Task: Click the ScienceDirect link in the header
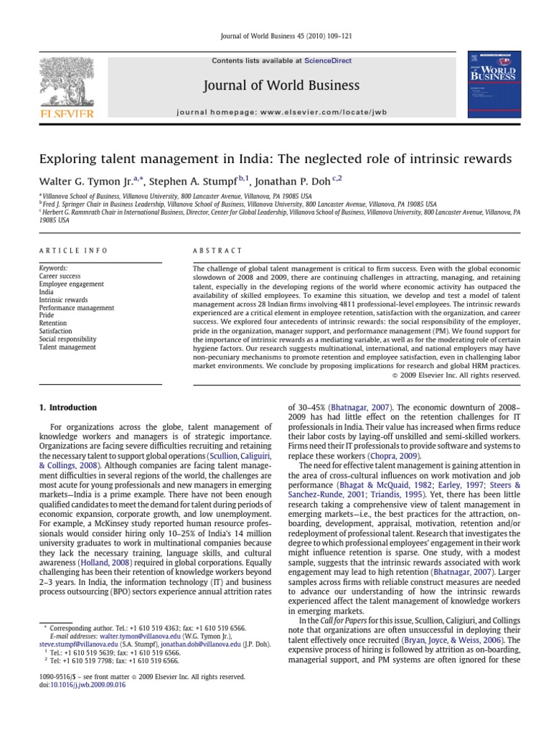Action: [x=328, y=61]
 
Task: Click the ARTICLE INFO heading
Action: [x=73, y=251]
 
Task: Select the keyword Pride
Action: [x=47, y=315]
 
